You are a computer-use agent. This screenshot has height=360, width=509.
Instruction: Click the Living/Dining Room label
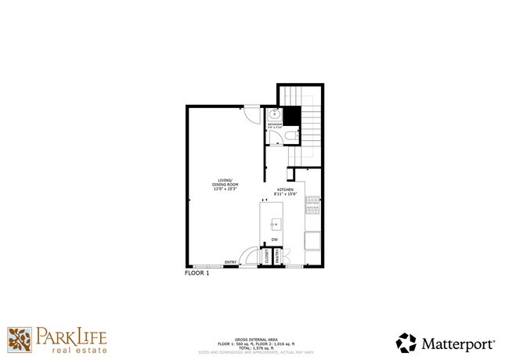coord(225,182)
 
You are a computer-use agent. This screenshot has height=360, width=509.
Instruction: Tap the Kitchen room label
coord(284,190)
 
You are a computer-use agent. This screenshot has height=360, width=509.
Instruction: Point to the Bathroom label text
coord(274,124)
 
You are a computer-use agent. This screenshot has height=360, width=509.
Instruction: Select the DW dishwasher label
coord(275,239)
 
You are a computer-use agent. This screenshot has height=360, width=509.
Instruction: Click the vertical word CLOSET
coord(266,256)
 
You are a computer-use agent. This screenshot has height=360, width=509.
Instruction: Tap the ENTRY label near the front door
coord(231,262)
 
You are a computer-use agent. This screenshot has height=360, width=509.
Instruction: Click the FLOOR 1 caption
coord(197,273)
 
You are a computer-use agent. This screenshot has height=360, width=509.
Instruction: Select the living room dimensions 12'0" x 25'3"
coord(225,189)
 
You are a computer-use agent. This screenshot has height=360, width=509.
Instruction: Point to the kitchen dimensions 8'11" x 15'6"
coord(284,195)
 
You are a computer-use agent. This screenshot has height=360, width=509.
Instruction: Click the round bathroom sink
coord(273,113)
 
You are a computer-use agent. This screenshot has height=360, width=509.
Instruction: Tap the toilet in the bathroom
coord(290,137)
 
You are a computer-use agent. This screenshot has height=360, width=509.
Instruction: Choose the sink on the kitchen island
coord(275,224)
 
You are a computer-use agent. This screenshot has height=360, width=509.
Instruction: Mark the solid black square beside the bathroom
coord(291,116)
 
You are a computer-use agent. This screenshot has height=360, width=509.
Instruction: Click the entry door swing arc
coord(249,255)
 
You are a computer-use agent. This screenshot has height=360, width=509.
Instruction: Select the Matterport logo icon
coord(406,343)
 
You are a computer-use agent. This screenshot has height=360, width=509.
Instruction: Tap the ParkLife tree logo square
coord(20,340)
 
